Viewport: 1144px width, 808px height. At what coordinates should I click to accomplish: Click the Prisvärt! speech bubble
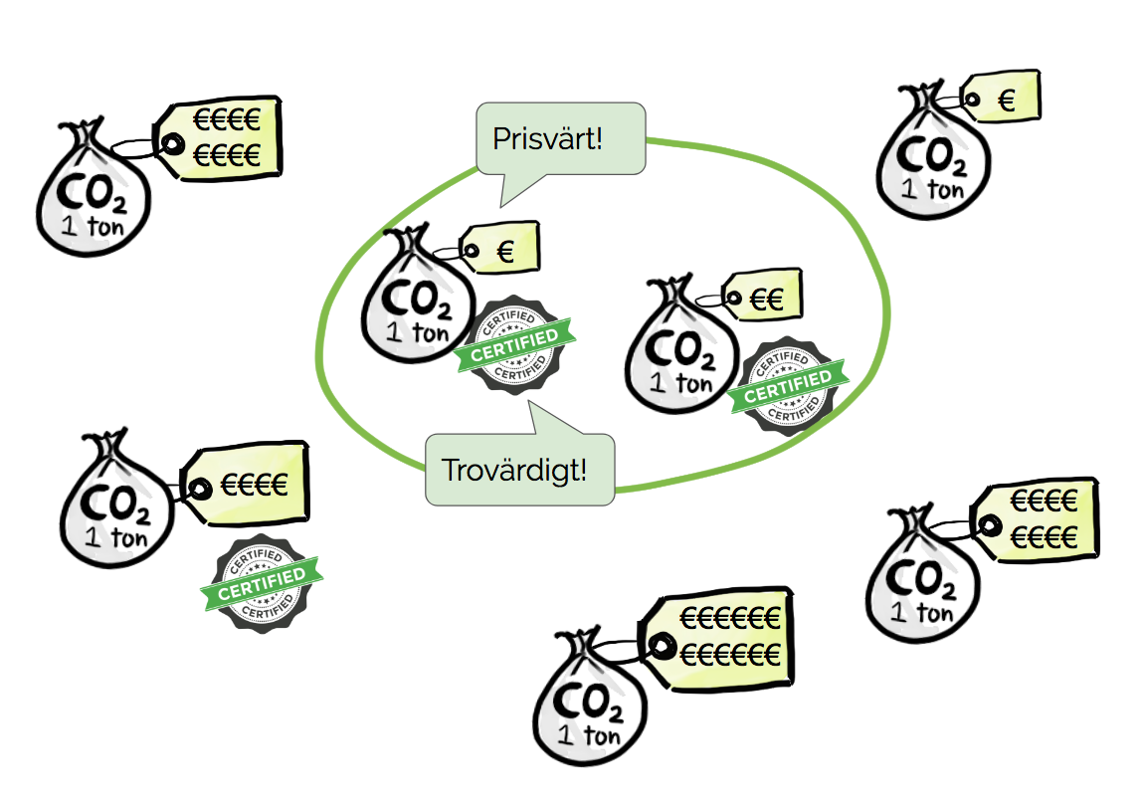point(561,137)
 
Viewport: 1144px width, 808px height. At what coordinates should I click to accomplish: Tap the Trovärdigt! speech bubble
point(515,469)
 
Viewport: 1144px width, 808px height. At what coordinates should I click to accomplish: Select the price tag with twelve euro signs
point(722,638)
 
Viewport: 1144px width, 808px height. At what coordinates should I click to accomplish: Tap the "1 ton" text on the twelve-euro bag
point(590,737)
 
